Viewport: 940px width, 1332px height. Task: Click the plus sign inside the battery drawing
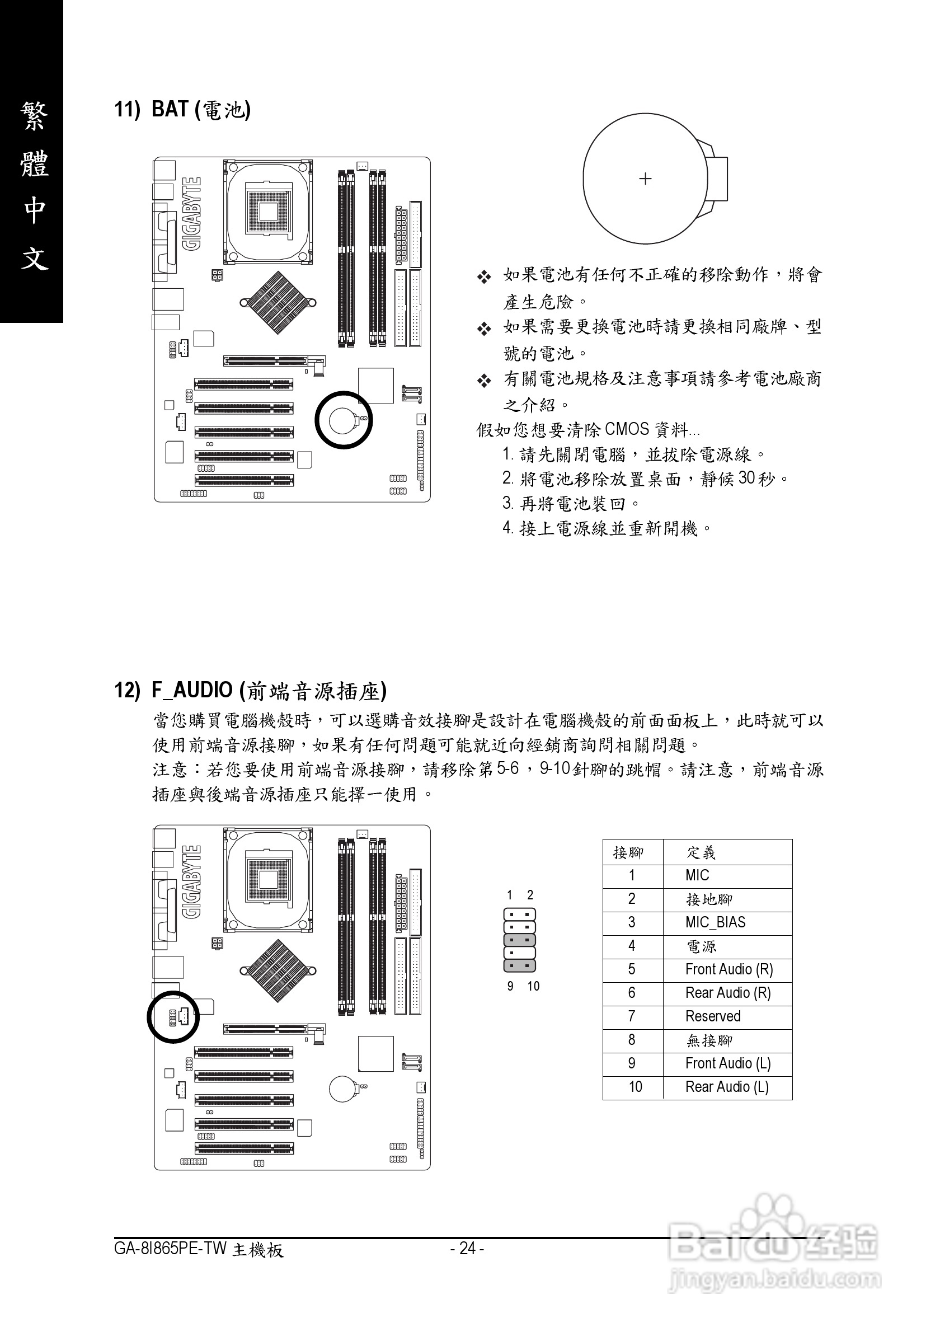[x=645, y=179]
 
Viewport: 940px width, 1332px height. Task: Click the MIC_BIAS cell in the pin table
[x=715, y=922]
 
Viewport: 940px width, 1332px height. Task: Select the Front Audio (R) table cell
[x=729, y=969]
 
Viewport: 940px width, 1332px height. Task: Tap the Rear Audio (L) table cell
[x=727, y=1087]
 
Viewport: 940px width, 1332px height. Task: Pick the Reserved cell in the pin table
[x=713, y=1016]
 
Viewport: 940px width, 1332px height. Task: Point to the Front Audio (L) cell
[x=728, y=1063]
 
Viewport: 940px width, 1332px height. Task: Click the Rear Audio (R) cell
[x=728, y=993]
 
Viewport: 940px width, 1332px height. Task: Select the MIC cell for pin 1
[x=697, y=875]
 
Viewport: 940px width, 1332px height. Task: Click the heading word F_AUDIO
[x=192, y=690]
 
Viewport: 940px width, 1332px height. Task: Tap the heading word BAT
[x=170, y=109]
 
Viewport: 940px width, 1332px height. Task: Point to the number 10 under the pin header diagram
[x=533, y=986]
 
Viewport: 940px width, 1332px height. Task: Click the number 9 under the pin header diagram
[x=510, y=986]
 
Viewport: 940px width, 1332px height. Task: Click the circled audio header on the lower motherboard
[x=173, y=1016]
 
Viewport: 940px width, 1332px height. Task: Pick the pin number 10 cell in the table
[x=635, y=1087]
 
